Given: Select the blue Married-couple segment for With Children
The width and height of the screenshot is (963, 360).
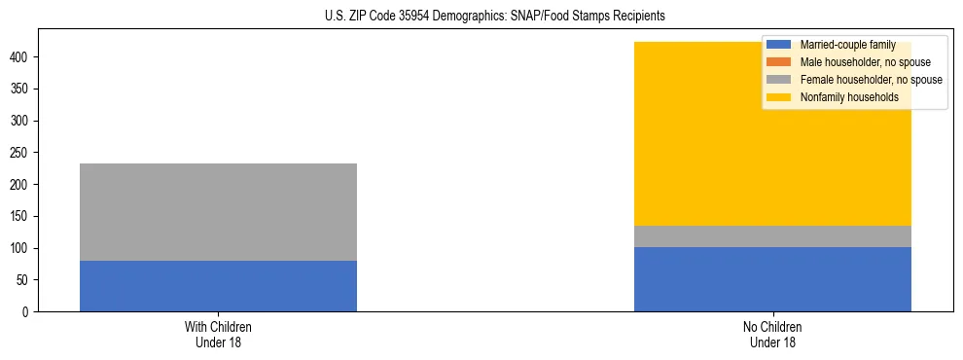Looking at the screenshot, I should (x=218, y=286).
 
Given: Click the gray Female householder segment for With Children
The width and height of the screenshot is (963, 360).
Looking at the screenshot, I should (x=218, y=212).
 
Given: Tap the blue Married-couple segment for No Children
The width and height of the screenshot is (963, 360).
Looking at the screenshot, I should (x=772, y=279).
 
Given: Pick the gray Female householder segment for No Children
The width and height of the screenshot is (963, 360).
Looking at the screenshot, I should (x=772, y=236).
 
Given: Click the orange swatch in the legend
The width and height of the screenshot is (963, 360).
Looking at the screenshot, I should (x=779, y=62).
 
